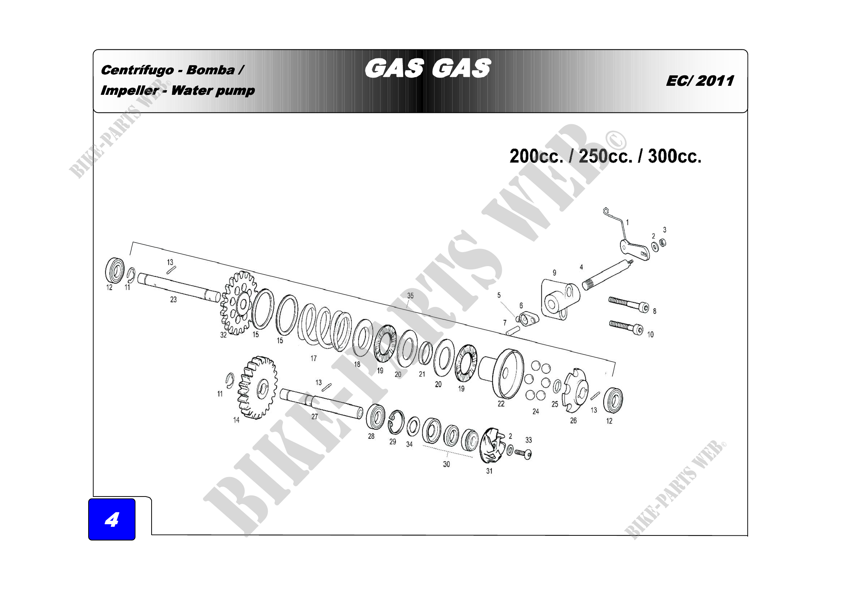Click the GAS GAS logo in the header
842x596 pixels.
click(x=428, y=68)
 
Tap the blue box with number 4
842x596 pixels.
click(x=112, y=519)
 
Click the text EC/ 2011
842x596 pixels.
click(x=700, y=81)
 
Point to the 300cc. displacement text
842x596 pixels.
click(x=674, y=156)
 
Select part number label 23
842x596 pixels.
click(x=174, y=300)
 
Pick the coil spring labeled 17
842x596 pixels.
click(x=325, y=326)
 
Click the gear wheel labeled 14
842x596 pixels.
click(x=258, y=388)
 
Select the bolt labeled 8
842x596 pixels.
click(x=629, y=305)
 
